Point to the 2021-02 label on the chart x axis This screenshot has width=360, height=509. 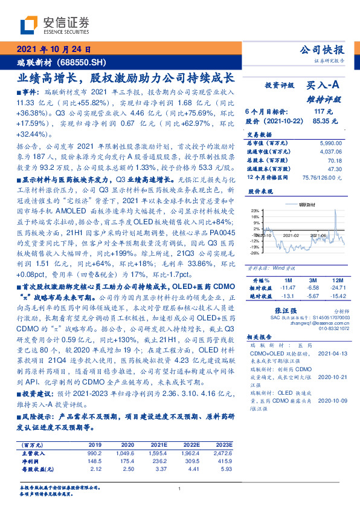292,253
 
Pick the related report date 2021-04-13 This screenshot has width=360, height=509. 332,352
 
